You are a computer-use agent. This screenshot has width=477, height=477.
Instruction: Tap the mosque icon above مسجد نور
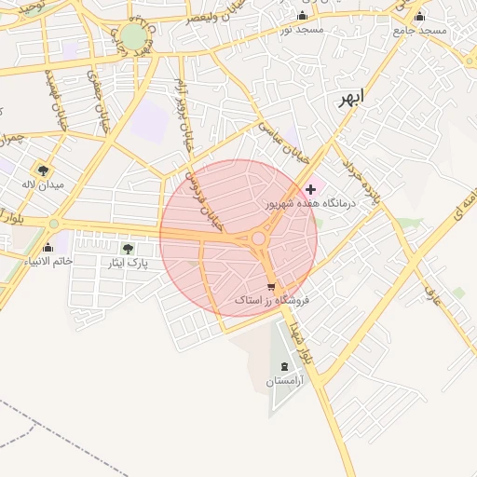pos(301,16)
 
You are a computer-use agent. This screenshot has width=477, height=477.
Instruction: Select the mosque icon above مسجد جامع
pos(419,16)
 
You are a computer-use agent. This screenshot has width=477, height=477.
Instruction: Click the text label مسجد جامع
pos(419,31)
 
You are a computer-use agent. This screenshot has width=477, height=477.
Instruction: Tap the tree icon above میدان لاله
pos(43,170)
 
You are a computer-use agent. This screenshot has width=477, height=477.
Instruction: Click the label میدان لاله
pos(43,184)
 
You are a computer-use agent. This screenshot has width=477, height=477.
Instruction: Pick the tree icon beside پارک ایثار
pos(128,249)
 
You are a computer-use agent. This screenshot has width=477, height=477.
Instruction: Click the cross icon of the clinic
pos(310,189)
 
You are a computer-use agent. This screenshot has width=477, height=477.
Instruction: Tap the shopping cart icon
pos(271,286)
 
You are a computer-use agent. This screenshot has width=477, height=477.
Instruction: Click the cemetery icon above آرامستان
pos(283,366)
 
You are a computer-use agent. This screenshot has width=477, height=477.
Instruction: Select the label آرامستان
pos(283,381)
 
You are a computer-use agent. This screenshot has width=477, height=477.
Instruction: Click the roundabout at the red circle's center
pos(257,238)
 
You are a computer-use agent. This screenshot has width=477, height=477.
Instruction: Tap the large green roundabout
pos(133,36)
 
